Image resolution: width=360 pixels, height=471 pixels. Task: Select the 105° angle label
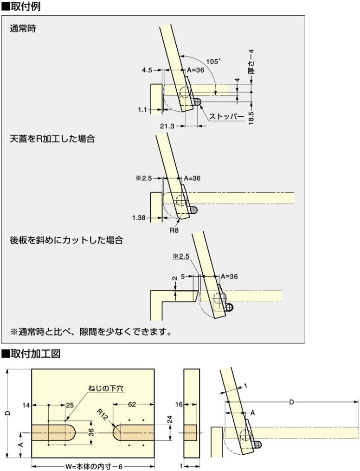213,61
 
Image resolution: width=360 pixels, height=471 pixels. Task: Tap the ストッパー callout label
226,116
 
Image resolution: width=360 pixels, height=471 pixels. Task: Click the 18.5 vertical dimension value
251,117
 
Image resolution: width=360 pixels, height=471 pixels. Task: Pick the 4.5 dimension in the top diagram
147,70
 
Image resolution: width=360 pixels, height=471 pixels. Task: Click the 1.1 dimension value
142,109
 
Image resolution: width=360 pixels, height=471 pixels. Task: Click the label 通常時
23,28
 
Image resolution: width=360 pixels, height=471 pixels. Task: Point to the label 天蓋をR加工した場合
52,138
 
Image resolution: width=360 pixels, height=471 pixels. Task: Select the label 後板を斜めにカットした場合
60,240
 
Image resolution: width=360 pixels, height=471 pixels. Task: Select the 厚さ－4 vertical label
251,63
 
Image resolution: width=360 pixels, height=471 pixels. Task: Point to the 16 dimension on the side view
179,405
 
